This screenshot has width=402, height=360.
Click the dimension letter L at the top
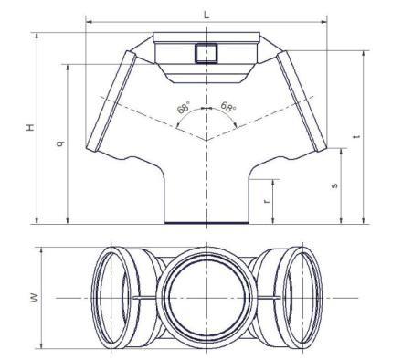[x=206, y=15]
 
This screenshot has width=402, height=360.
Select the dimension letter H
[x=30, y=127]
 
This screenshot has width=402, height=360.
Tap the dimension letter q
[x=60, y=143]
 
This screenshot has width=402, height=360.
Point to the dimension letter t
[x=358, y=137]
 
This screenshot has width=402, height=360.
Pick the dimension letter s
[x=334, y=185]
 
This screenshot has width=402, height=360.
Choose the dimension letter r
[x=267, y=201]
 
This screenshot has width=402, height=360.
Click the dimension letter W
[x=36, y=298]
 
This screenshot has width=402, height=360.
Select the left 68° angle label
[x=184, y=109]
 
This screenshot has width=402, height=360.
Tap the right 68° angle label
[x=228, y=107]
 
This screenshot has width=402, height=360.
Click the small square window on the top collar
[x=206, y=53]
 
